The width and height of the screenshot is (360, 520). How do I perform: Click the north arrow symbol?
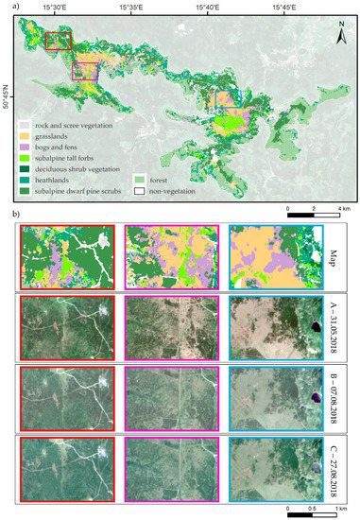(339, 34)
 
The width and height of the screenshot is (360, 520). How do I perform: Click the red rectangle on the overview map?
(59, 40)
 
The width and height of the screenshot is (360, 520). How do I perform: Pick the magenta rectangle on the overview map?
(85, 72)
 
